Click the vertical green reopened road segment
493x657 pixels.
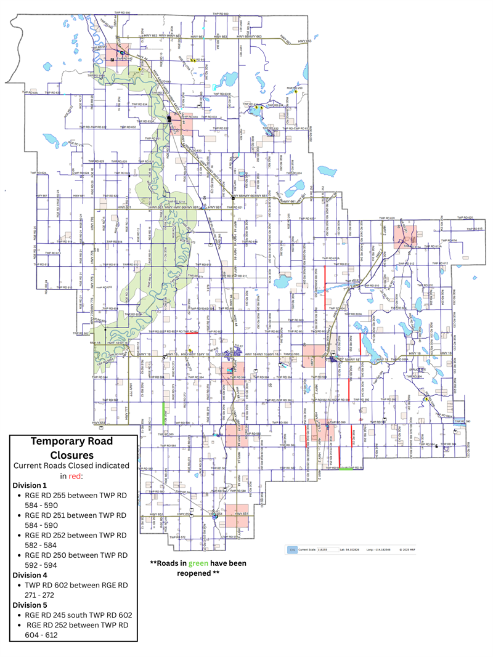tap(163, 413)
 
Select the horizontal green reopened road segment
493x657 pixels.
tap(347, 469)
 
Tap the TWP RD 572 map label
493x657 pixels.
tap(177, 538)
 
